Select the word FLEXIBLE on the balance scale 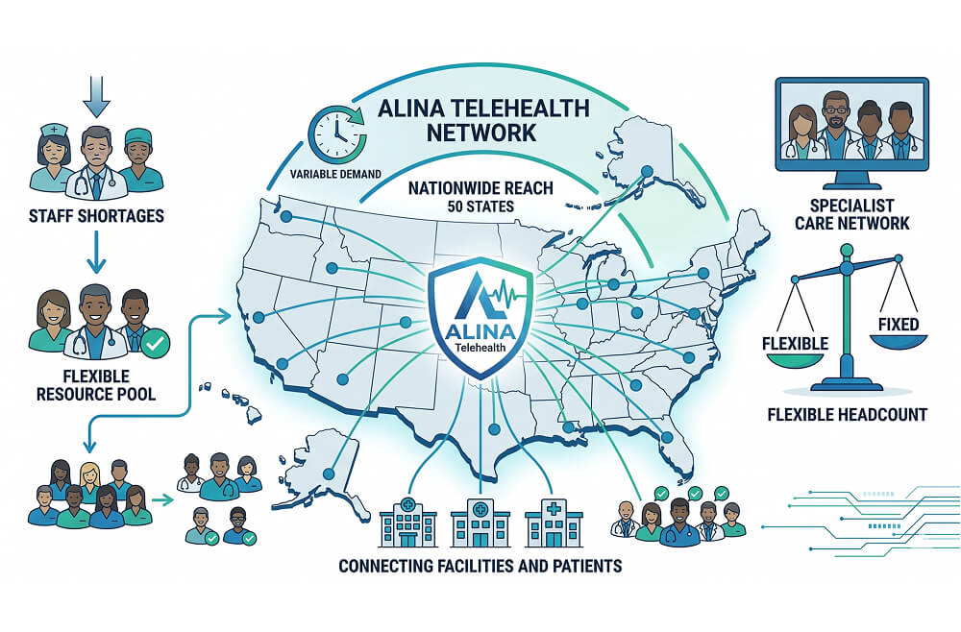pos(795,343)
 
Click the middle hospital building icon pos(480,523)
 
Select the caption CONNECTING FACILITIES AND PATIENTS pos(480,566)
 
